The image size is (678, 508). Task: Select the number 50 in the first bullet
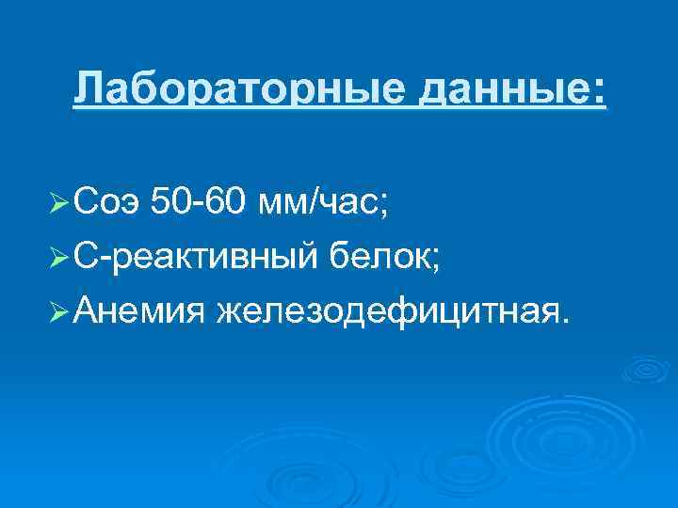172,201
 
